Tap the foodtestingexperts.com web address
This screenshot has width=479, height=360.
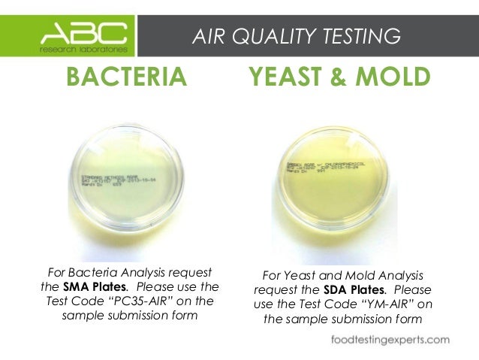(x=391, y=340)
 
